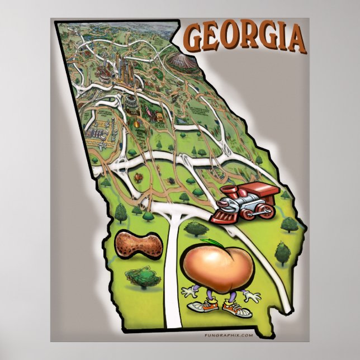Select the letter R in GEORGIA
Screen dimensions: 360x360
click(252, 38)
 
